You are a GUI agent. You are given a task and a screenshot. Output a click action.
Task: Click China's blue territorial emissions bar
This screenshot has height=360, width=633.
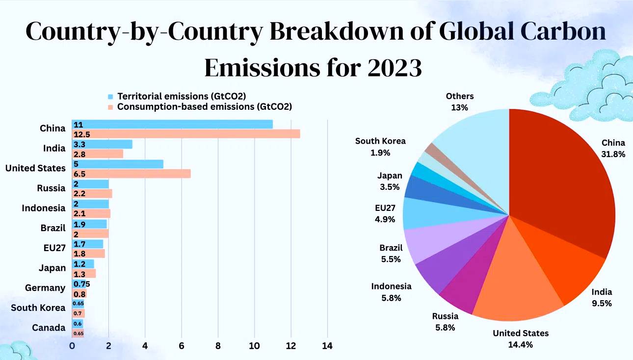tap(172, 124)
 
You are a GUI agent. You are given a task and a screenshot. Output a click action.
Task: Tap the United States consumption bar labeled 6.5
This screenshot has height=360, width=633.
tap(131, 174)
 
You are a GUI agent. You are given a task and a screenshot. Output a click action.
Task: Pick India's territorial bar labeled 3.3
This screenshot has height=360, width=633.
tap(102, 144)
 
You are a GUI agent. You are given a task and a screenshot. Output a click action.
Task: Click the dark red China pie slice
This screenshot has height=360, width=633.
tap(564, 181)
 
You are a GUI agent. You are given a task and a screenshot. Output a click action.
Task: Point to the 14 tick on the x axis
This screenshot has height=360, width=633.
tap(327, 346)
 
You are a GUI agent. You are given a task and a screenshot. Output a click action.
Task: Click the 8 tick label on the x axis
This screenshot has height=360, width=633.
tap(218, 346)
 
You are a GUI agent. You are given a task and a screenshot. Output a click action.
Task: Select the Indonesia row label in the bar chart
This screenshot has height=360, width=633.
tap(43, 208)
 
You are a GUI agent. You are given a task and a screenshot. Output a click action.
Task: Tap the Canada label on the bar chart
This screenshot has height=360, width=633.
tap(48, 328)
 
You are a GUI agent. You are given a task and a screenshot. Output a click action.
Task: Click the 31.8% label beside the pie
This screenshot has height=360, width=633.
tap(613, 154)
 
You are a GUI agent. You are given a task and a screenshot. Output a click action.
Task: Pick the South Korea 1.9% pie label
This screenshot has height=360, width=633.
tap(380, 147)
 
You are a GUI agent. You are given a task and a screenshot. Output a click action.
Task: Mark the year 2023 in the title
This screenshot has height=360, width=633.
tap(393, 68)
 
